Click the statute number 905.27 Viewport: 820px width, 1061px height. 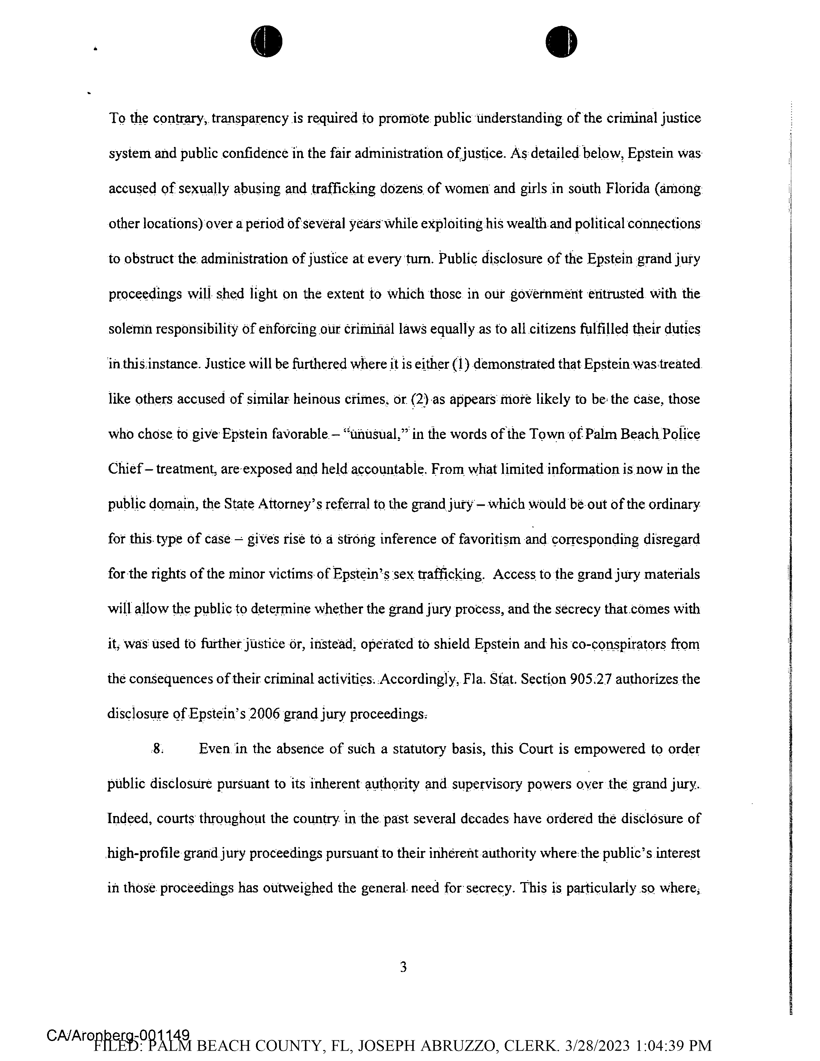pyautogui.click(x=588, y=679)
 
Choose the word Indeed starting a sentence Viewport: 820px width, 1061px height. pyautogui.click(x=125, y=819)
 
